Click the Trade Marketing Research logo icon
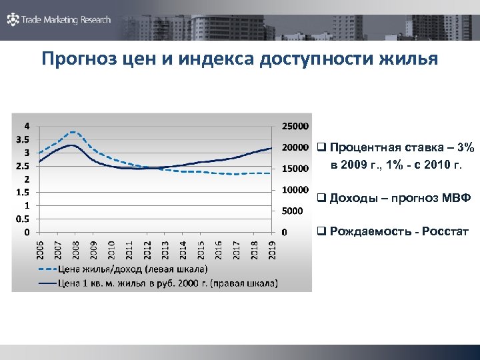click(x=13, y=20)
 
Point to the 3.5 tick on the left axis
click(x=22, y=139)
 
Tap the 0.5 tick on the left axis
click(x=22, y=219)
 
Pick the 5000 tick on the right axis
click(x=291, y=211)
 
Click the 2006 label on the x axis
click(x=39, y=251)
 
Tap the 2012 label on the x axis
click(x=147, y=251)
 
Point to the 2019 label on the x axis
click(x=273, y=251)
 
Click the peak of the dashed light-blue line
click(x=74, y=132)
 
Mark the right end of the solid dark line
click(x=272, y=148)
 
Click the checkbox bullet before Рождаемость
click(x=321, y=232)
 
